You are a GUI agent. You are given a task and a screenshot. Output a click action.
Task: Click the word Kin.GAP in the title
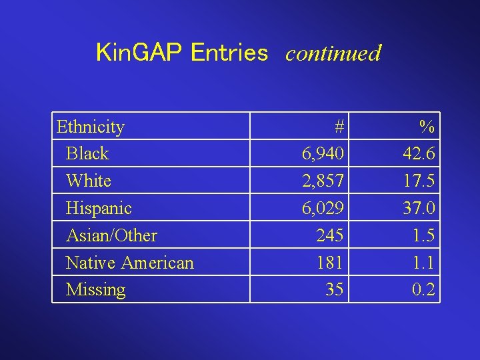pyautogui.click(x=139, y=53)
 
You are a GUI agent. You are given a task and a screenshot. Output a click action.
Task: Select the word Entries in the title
pyautogui.click(x=229, y=53)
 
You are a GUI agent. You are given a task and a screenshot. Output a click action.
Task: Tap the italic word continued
pyautogui.click(x=333, y=53)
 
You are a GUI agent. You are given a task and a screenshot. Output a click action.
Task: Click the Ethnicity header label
pyautogui.click(x=91, y=127)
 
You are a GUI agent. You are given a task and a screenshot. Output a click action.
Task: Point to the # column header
pyautogui.click(x=339, y=127)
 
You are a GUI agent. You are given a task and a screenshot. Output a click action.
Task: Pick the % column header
pyautogui.click(x=427, y=127)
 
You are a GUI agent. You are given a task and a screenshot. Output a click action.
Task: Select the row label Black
pyautogui.click(x=87, y=154)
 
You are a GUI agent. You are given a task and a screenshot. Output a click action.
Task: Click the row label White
pyautogui.click(x=89, y=181)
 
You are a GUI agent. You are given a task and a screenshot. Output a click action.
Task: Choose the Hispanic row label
pyautogui.click(x=99, y=208)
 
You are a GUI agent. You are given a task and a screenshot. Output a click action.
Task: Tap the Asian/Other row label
pyautogui.click(x=111, y=235)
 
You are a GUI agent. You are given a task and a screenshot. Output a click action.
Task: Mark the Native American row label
pyautogui.click(x=130, y=263)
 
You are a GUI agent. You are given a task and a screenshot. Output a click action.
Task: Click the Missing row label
pyautogui.click(x=95, y=290)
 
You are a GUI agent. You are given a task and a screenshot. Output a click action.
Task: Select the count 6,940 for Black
pyautogui.click(x=323, y=154)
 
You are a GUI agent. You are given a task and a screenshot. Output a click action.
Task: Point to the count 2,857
pyautogui.click(x=323, y=181)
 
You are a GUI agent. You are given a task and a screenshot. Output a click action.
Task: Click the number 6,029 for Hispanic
pyautogui.click(x=323, y=208)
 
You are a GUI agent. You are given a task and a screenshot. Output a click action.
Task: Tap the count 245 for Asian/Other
pyautogui.click(x=330, y=235)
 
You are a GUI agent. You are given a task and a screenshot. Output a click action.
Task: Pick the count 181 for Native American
pyautogui.click(x=330, y=263)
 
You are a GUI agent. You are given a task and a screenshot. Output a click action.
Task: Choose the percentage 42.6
pyautogui.click(x=419, y=154)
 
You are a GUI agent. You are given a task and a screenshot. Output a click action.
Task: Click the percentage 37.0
pyautogui.click(x=419, y=208)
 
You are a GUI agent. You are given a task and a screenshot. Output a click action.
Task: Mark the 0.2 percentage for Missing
pyautogui.click(x=424, y=290)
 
